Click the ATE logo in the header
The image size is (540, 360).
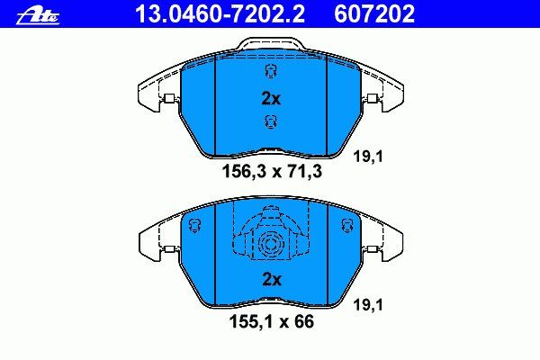pyautogui.click(x=38, y=16)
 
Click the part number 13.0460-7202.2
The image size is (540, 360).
pyautogui.click(x=220, y=14)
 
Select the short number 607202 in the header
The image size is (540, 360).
pyautogui.click(x=374, y=14)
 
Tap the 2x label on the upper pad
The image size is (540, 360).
pyautogui.click(x=271, y=99)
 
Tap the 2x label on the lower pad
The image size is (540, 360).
pyautogui.click(x=272, y=279)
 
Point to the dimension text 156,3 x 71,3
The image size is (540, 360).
pyautogui.click(x=272, y=171)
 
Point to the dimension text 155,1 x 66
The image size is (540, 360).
pyautogui.click(x=272, y=322)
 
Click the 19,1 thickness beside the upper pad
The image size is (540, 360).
pyautogui.click(x=368, y=157)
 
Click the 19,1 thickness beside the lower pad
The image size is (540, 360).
pyautogui.click(x=368, y=305)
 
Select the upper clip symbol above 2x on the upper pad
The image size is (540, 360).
pyautogui.click(x=271, y=72)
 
